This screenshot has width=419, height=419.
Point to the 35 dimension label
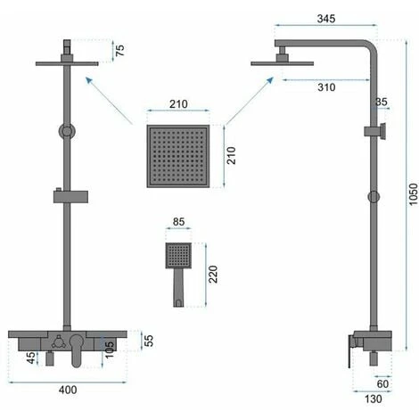[382, 103]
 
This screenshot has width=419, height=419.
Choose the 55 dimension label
[148, 341]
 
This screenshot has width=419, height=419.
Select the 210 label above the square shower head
[177, 104]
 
